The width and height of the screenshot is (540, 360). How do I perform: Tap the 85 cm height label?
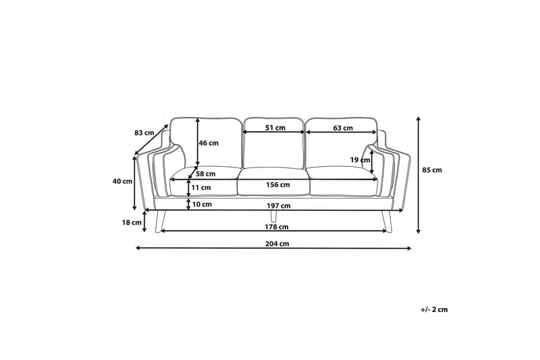tap(431, 170)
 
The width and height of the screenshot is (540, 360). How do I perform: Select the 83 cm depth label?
tap(144, 133)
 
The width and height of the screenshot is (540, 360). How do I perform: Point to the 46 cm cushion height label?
tap(209, 143)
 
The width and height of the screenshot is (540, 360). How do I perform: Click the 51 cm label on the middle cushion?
tap(274, 128)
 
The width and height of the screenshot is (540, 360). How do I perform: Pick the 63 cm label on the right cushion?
tap(343, 128)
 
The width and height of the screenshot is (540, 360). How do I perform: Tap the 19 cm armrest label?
tap(360, 160)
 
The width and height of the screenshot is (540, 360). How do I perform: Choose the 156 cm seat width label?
tap(279, 184)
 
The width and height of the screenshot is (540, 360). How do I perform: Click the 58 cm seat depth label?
tap(205, 174)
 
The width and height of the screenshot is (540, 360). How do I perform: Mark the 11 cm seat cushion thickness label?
tap(202, 188)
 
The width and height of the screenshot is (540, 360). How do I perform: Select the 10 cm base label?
tap(202, 204)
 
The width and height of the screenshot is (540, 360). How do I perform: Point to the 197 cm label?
tap(279, 205)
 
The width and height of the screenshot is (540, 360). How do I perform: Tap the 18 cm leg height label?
tap(132, 222)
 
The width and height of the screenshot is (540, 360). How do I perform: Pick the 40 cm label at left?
tap(122, 181)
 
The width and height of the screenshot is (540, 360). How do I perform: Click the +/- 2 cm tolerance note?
tap(433, 309)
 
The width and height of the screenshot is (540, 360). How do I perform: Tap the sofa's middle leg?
tap(273, 216)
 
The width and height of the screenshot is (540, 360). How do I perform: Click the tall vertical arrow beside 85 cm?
tap(418, 175)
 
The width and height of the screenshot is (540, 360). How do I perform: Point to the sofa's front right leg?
tap(385, 220)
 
